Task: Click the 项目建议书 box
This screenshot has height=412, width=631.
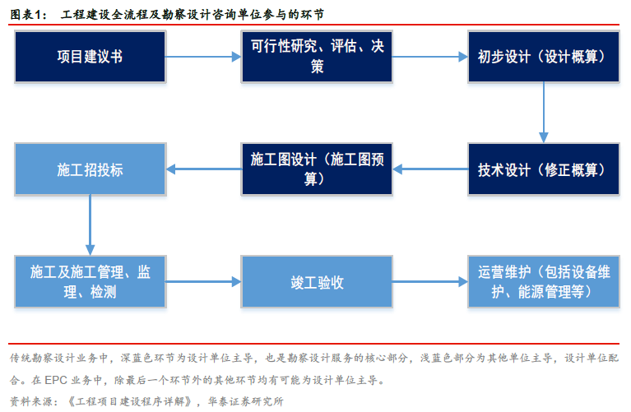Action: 90,57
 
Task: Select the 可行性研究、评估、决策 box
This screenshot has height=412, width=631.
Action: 317,57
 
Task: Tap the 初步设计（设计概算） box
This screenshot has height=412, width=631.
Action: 544,57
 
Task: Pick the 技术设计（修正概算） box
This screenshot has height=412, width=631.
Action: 544,169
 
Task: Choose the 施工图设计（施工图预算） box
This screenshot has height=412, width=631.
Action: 317,169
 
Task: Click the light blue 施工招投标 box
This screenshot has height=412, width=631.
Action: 90,169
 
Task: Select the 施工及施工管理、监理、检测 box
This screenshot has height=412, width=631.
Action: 90,281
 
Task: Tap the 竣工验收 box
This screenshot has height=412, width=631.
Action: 317,281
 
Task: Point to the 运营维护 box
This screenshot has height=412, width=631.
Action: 544,281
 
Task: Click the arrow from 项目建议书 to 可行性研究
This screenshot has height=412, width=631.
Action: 204,57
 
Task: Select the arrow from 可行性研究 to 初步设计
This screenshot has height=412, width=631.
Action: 430,57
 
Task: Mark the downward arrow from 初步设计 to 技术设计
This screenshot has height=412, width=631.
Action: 544,113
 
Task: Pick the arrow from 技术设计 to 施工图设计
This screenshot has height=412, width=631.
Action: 430,169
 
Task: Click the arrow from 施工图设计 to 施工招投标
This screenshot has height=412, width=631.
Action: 204,169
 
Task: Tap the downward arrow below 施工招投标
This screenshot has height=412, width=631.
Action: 90,225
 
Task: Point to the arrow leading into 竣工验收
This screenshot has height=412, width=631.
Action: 204,281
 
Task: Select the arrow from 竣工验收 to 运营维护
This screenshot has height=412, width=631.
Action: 430,281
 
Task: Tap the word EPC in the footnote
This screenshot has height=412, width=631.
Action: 56,380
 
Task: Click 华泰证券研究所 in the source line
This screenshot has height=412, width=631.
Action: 246,401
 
